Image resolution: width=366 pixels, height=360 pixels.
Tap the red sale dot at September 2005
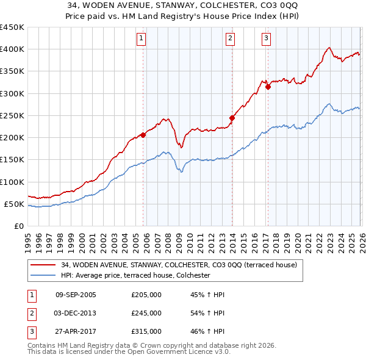(x=143, y=135)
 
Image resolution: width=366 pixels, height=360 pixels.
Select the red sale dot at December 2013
(x=232, y=118)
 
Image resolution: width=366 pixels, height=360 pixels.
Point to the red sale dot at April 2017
(x=268, y=87)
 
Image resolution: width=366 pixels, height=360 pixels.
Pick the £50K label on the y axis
(x=14, y=204)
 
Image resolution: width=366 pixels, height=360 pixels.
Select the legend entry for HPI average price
(x=135, y=276)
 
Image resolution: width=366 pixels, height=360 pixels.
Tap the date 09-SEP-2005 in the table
(x=76, y=295)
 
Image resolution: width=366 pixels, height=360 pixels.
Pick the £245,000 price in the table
(x=146, y=313)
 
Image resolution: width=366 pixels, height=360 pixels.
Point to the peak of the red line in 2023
(x=329, y=48)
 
